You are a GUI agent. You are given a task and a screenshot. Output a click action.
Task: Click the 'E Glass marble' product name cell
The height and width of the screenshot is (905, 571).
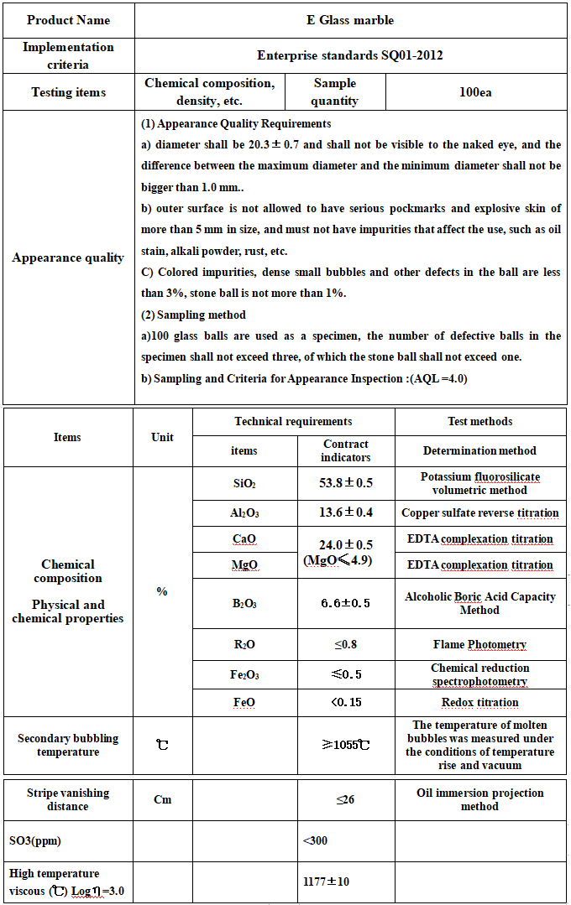[x=350, y=20]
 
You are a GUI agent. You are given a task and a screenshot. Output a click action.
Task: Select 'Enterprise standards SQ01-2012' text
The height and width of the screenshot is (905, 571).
[x=350, y=55]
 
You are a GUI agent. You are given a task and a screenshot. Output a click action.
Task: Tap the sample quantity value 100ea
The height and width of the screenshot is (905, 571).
[x=475, y=92]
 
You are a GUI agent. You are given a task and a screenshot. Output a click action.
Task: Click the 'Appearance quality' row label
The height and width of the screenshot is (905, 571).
[x=68, y=257]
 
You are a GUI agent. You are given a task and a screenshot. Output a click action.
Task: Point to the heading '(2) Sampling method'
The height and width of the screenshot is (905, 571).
[x=193, y=315]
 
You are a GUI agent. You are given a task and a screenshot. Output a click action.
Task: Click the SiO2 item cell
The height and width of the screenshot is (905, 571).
[x=244, y=484]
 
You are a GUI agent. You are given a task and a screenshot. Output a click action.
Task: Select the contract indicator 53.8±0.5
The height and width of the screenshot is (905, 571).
[x=346, y=483]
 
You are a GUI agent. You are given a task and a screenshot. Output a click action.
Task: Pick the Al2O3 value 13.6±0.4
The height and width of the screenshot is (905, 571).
[x=346, y=512]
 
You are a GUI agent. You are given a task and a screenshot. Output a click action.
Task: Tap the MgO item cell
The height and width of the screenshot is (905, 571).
[x=244, y=565]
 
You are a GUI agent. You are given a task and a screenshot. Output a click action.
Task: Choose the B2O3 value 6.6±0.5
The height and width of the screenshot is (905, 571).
[x=346, y=603]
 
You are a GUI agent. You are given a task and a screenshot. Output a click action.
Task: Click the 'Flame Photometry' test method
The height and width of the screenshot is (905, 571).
[x=479, y=645]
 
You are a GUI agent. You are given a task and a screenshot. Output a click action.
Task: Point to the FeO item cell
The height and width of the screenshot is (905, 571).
[x=244, y=703]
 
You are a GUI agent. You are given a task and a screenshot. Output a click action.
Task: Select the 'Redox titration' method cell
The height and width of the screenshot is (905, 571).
[x=479, y=703]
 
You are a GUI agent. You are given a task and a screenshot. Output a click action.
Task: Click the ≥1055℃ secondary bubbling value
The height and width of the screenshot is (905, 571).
[x=346, y=744]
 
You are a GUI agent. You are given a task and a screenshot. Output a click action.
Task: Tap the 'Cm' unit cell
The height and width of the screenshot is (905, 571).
[x=163, y=799]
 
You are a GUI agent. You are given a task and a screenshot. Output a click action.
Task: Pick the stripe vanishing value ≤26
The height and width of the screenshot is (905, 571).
[x=346, y=799]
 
